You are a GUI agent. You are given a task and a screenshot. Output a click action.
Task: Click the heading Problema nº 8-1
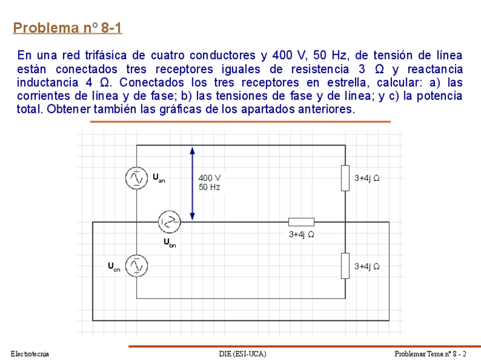[67, 28]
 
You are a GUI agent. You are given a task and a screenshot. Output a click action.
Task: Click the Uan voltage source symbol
[137, 178]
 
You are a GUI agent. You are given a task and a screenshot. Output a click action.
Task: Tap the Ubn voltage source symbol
[169, 222]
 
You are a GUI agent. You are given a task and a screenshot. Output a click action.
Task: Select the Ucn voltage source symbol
[137, 265]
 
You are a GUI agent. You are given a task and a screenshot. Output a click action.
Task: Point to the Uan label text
[159, 178]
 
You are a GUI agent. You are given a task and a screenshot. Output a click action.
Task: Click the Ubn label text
[170, 243]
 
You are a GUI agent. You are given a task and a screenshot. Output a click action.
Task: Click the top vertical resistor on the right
[345, 178]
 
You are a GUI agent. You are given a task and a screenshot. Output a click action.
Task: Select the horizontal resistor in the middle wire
[301, 222]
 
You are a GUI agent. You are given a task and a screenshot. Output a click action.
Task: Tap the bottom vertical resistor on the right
[345, 266]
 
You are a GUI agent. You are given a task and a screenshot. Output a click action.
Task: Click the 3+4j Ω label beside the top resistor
[367, 178]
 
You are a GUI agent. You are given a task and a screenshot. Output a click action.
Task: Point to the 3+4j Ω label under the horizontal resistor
[301, 234]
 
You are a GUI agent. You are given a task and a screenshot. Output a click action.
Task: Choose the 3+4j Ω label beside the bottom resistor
[367, 266]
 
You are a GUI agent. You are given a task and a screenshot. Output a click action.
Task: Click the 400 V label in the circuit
[209, 177]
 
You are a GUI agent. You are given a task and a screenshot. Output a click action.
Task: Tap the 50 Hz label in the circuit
[209, 187]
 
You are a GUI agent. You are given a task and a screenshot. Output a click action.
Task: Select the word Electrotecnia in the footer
[30, 354]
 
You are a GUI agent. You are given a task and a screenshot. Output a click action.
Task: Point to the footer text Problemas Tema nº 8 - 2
[431, 354]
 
